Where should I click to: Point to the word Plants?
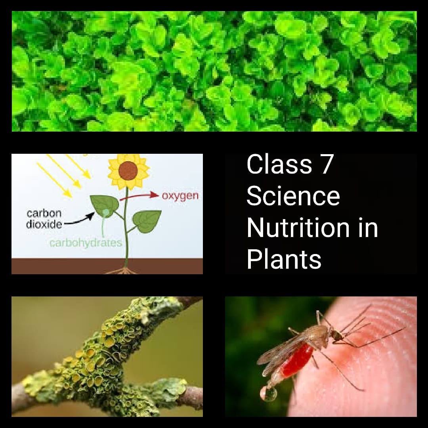284,260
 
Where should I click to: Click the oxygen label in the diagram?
180,196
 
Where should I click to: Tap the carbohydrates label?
86,243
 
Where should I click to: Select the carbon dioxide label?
44,219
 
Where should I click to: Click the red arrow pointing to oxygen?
139,195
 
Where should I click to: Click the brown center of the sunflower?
128,170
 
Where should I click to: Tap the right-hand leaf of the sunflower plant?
147,221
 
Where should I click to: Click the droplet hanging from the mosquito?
267,395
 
